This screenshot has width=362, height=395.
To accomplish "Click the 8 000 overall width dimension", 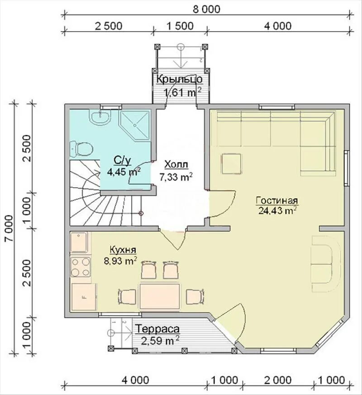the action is (x=206, y=10).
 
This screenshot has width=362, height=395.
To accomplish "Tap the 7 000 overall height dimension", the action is (x=10, y=228).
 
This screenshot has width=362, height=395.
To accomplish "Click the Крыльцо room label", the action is (x=179, y=79).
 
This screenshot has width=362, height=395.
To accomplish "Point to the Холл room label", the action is (x=176, y=165).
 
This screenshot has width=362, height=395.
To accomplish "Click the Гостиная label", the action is (x=277, y=201).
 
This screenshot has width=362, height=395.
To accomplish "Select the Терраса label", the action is (x=158, y=329).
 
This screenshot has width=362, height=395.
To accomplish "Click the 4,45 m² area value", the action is (x=124, y=172).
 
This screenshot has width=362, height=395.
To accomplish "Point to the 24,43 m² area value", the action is (x=277, y=210).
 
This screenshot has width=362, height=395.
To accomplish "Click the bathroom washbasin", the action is (x=100, y=117).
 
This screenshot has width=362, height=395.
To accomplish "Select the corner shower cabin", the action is (x=135, y=125).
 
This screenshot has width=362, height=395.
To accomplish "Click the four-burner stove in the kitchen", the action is (x=81, y=267).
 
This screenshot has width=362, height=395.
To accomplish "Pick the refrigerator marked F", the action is (x=84, y=297).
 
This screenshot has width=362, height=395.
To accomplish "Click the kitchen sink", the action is (x=79, y=243).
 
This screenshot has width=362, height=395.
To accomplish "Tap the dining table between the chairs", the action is (x=160, y=296).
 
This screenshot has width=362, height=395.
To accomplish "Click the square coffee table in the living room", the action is (x=231, y=164).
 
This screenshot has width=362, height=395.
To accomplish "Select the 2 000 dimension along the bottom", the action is (x=278, y=380).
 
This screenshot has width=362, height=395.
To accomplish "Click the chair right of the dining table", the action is (x=195, y=296).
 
